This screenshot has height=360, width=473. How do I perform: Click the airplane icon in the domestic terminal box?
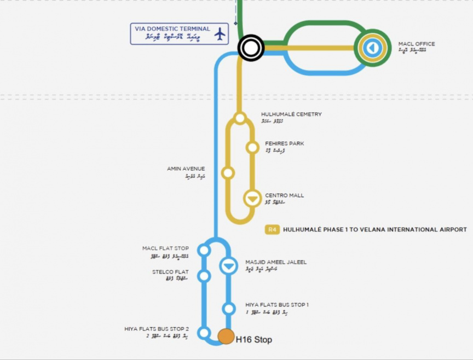pyautogui.click(x=220, y=34)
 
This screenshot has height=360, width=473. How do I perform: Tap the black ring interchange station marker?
pyautogui.click(x=251, y=48)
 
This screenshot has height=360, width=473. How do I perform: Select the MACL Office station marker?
pyautogui.click(x=372, y=48)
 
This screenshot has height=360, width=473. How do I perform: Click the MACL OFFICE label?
pyautogui.click(x=417, y=44)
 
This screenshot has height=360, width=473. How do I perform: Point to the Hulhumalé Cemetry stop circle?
pyautogui.click(x=240, y=118)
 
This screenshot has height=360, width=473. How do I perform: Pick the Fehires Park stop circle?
pyautogui.click(x=252, y=147)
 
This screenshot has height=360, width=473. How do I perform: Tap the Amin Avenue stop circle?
pyautogui.click(x=228, y=173)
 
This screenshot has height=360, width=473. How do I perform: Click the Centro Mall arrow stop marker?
pyautogui.click(x=252, y=198)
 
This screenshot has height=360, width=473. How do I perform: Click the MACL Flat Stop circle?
pyautogui.click(x=204, y=250)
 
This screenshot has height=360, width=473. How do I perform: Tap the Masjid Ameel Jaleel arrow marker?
pyautogui.click(x=228, y=266)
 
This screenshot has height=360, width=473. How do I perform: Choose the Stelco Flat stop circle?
pyautogui.click(x=204, y=276)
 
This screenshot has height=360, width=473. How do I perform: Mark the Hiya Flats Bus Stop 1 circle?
pyautogui.click(x=229, y=309)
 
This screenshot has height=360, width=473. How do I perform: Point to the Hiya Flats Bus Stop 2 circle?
pyautogui.click(x=204, y=333)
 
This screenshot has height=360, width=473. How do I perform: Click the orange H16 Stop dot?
pyautogui.click(x=226, y=336)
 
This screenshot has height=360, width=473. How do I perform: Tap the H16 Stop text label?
pyautogui.click(x=253, y=340)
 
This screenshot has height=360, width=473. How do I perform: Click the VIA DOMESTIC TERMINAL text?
pyautogui.click(x=172, y=28)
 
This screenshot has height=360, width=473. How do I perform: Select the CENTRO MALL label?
pyautogui.click(x=284, y=195)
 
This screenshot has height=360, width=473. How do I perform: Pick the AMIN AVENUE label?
pyautogui.click(x=186, y=169)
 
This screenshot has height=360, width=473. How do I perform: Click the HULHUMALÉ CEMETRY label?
pyautogui.click(x=291, y=114)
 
